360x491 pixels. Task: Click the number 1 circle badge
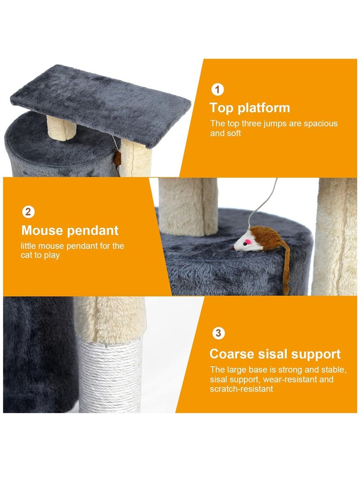[x=217, y=90]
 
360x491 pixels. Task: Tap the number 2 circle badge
[x=28, y=212]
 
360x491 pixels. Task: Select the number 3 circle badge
[x=218, y=333]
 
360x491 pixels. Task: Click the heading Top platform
[x=250, y=108]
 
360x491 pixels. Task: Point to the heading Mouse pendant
[x=70, y=230]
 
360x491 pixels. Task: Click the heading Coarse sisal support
[x=275, y=354]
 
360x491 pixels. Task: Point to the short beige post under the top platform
[x=61, y=127]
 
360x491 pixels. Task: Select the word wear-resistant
[x=291, y=379]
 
